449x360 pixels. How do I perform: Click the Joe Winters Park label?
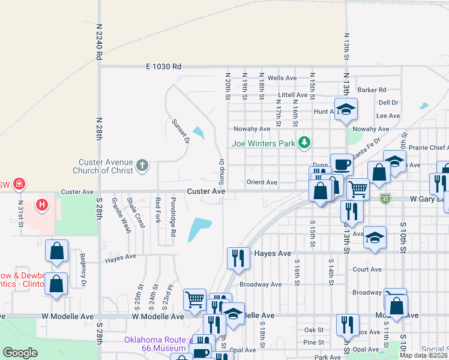pyautogui.click(x=264, y=143)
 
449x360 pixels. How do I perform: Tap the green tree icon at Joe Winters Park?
pyautogui.click(x=306, y=142)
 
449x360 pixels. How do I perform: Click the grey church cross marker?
pyautogui.click(x=142, y=166)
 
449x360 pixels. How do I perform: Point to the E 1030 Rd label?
pyautogui.click(x=164, y=67)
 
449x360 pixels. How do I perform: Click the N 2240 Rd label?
pyautogui.click(x=98, y=41)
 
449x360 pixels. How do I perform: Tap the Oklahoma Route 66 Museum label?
pyautogui.click(x=155, y=343)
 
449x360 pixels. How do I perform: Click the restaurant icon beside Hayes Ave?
pyautogui.click(x=238, y=257)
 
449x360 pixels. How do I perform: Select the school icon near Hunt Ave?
pyautogui.click(x=346, y=109)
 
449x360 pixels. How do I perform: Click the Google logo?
pyautogui.click(x=20, y=353)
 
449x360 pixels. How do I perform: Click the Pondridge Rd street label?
pyautogui.click(x=173, y=209)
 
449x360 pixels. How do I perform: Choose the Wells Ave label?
pyautogui.click(x=282, y=78)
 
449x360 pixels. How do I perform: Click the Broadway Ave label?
pyautogui.click(x=261, y=284)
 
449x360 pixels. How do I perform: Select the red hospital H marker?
pyautogui.click(x=41, y=205)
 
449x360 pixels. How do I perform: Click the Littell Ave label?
pyautogui.click(x=293, y=95)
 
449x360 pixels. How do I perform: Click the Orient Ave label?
pyautogui.click(x=262, y=182)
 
